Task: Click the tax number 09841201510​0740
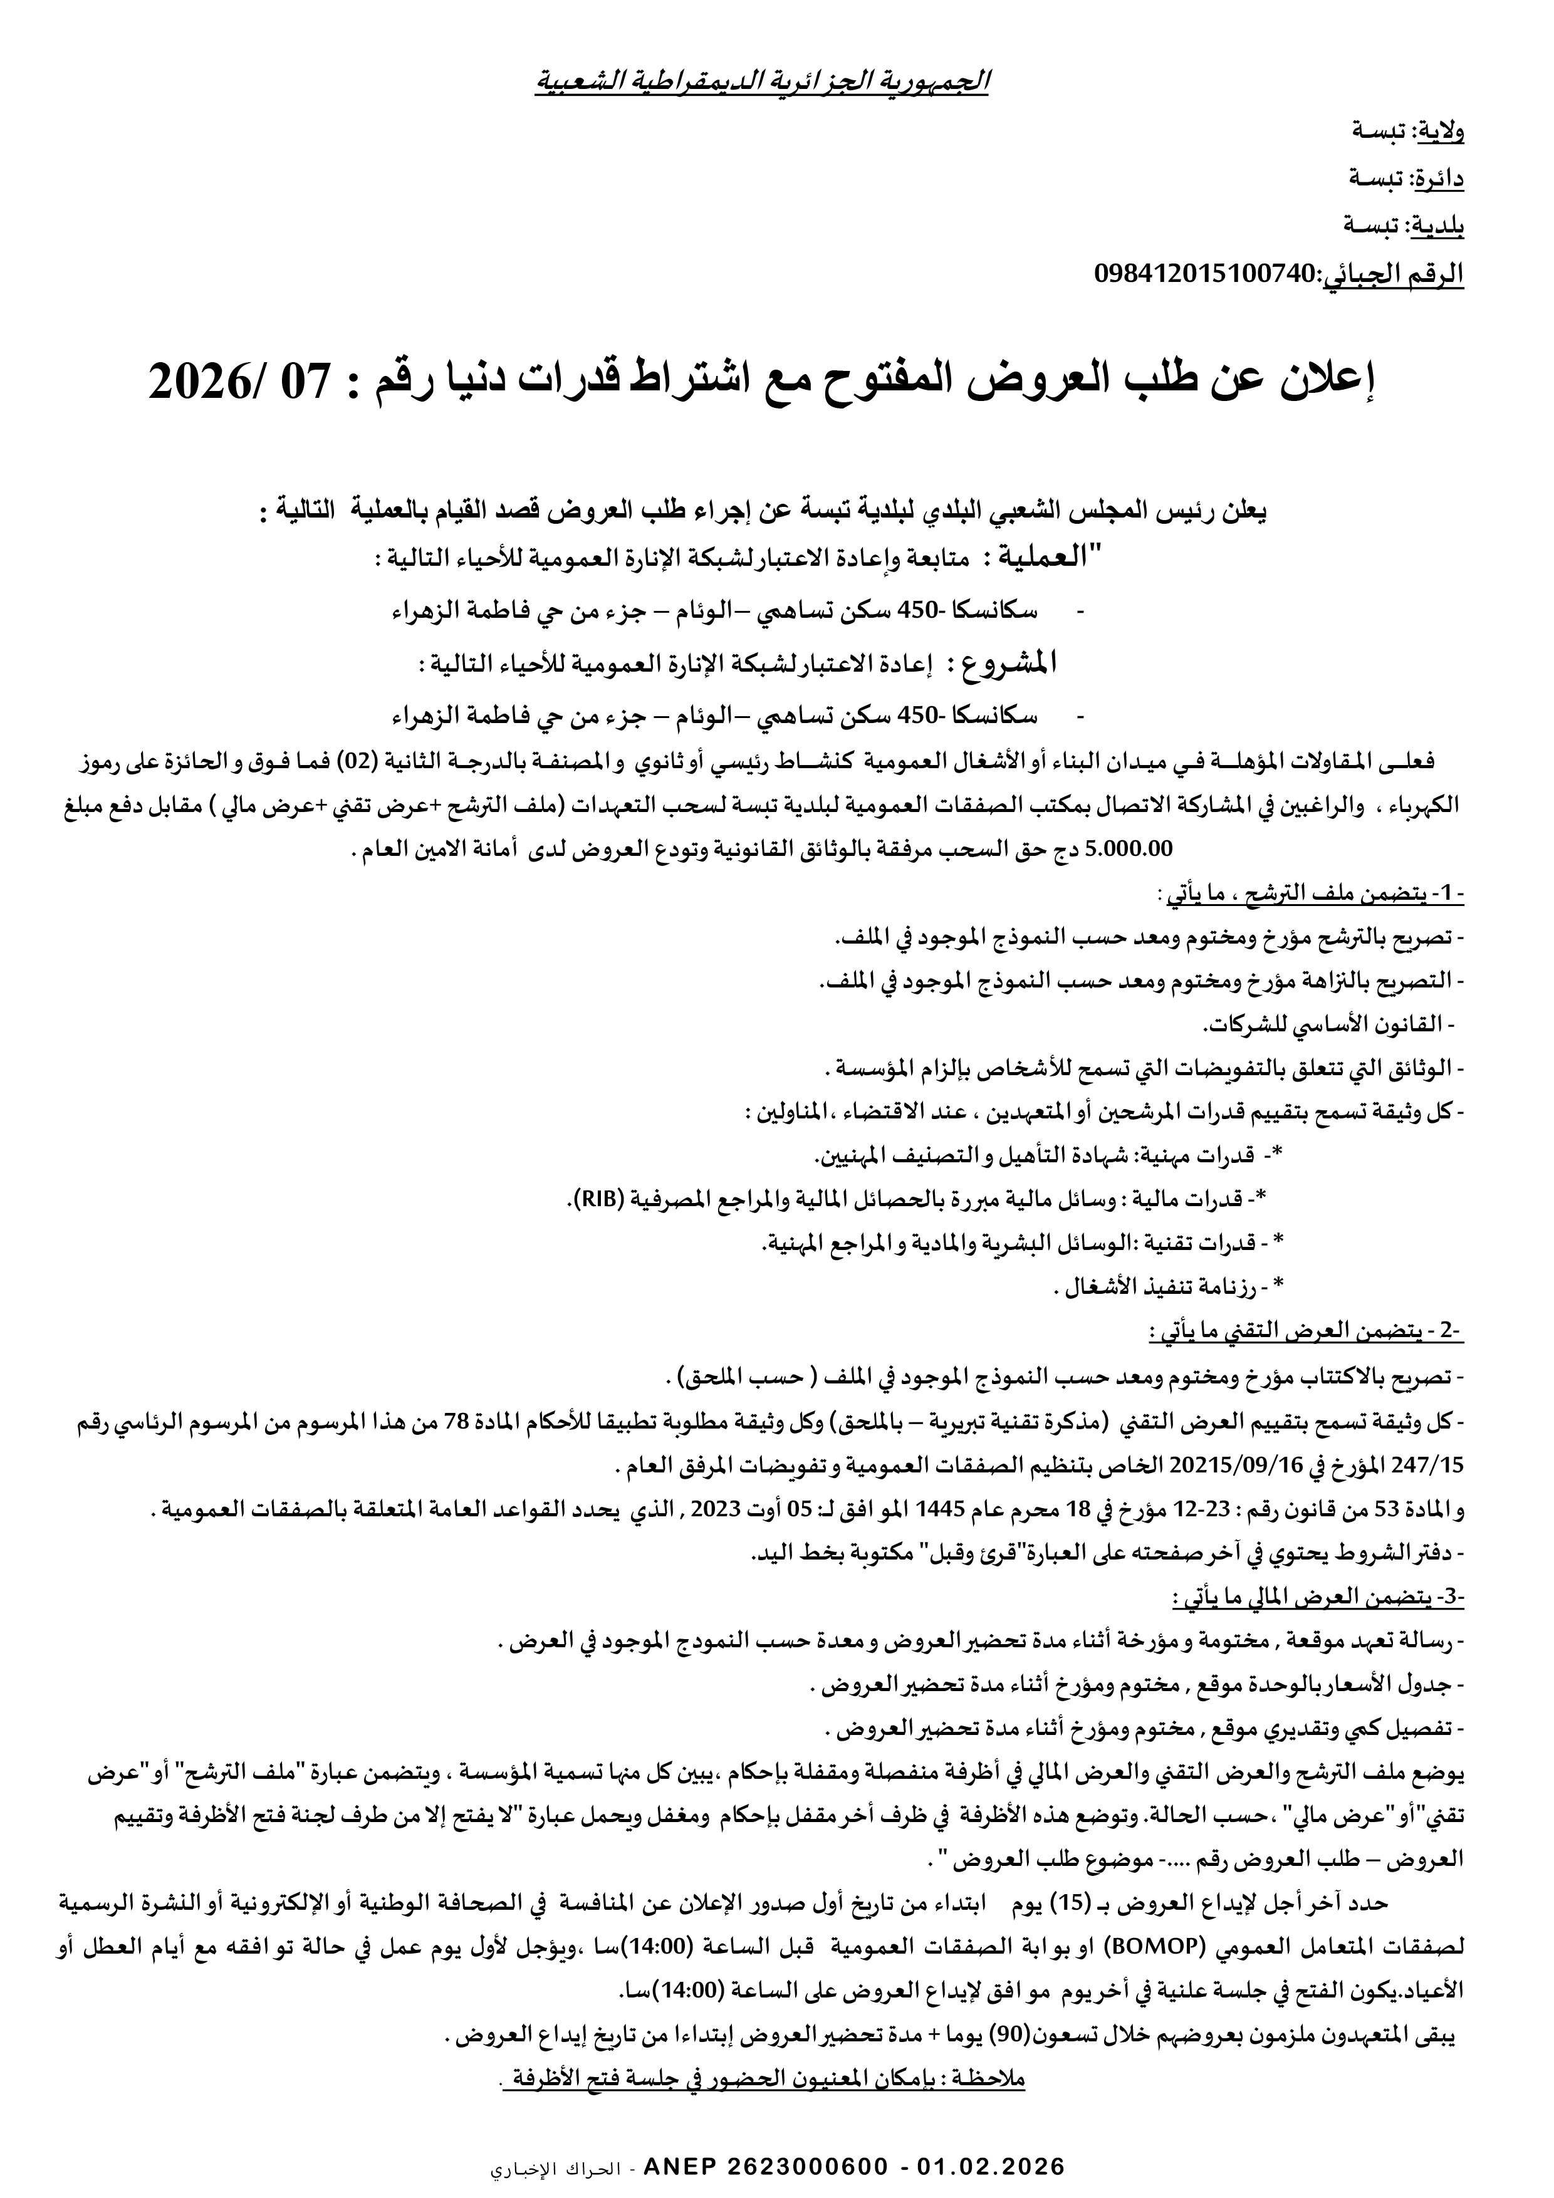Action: [1206, 274]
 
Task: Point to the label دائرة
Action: [1441, 179]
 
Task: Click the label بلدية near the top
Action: [1442, 227]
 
